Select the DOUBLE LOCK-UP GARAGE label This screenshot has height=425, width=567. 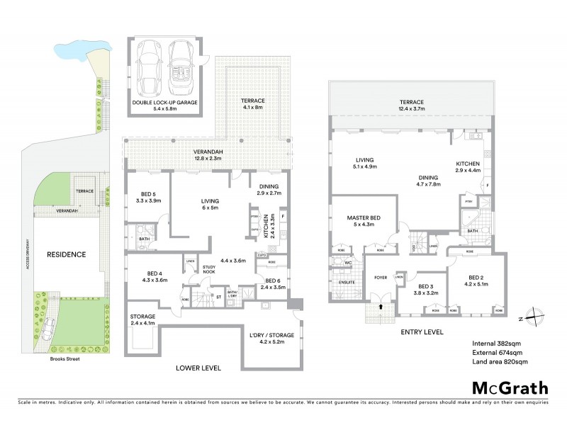click(x=164, y=106)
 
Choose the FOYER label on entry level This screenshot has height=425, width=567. click(x=381, y=278)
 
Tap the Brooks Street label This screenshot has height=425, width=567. click(x=66, y=359)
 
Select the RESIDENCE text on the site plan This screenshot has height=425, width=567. click(x=67, y=254)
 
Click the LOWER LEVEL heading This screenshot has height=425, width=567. click(x=199, y=368)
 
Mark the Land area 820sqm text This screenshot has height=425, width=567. click(x=500, y=361)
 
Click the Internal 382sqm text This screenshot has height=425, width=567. click(x=498, y=344)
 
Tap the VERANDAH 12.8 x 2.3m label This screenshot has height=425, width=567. click(x=209, y=154)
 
